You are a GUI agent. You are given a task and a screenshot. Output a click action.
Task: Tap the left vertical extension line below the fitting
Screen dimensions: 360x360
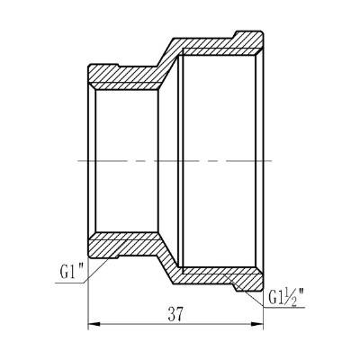(x=87, y=297)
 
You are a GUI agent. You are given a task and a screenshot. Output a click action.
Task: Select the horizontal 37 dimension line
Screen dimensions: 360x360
(x=135, y=325)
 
